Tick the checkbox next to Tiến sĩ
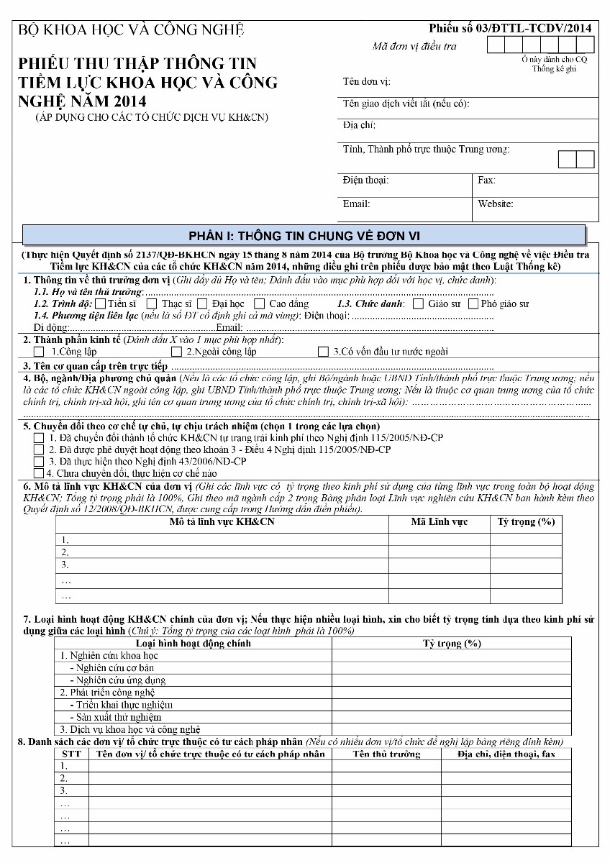click(100, 303)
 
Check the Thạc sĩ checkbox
click(152, 303)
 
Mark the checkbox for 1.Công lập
click(39, 352)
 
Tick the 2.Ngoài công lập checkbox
click(176, 352)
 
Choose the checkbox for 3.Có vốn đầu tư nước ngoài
click(323, 352)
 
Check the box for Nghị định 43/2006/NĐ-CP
click(39, 461)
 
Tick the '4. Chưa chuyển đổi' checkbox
click(39, 473)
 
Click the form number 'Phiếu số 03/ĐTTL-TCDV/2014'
click(510, 28)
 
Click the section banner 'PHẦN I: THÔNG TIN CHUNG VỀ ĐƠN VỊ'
click(304, 235)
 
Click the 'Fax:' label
click(486, 180)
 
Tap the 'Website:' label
click(495, 204)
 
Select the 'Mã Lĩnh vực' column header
click(439, 521)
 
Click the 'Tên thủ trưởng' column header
click(386, 754)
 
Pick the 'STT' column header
click(71, 754)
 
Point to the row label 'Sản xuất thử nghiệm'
click(118, 716)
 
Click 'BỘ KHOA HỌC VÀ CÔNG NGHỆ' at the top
click(131, 29)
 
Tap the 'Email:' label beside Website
click(356, 204)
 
